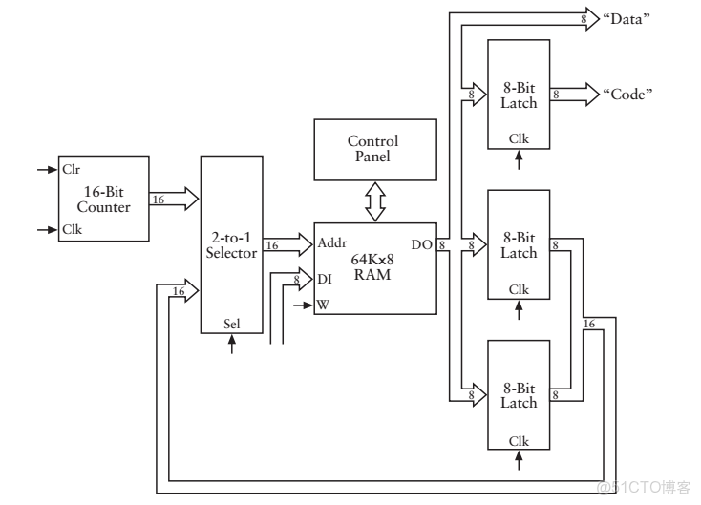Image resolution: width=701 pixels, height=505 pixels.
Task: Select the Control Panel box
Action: tap(372, 149)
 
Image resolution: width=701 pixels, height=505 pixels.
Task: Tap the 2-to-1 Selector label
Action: tap(231, 244)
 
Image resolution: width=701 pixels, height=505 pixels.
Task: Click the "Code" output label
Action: tap(627, 94)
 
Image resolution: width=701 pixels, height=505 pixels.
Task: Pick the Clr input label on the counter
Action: tap(71, 170)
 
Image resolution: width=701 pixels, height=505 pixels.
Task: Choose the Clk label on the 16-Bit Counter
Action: tap(71, 230)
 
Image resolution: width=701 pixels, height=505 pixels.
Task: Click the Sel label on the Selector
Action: tap(231, 323)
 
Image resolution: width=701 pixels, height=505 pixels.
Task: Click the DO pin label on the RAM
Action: tap(422, 245)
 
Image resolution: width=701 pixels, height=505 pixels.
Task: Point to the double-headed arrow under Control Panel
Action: tap(373, 200)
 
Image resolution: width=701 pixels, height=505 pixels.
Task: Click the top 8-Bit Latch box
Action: tap(518, 94)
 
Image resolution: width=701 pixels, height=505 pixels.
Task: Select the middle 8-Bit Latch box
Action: tap(518, 244)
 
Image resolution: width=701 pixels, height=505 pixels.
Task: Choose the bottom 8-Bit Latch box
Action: tap(518, 393)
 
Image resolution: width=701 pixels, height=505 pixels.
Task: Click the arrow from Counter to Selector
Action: tap(174, 200)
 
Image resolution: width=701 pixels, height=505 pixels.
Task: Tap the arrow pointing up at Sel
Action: tap(231, 343)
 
